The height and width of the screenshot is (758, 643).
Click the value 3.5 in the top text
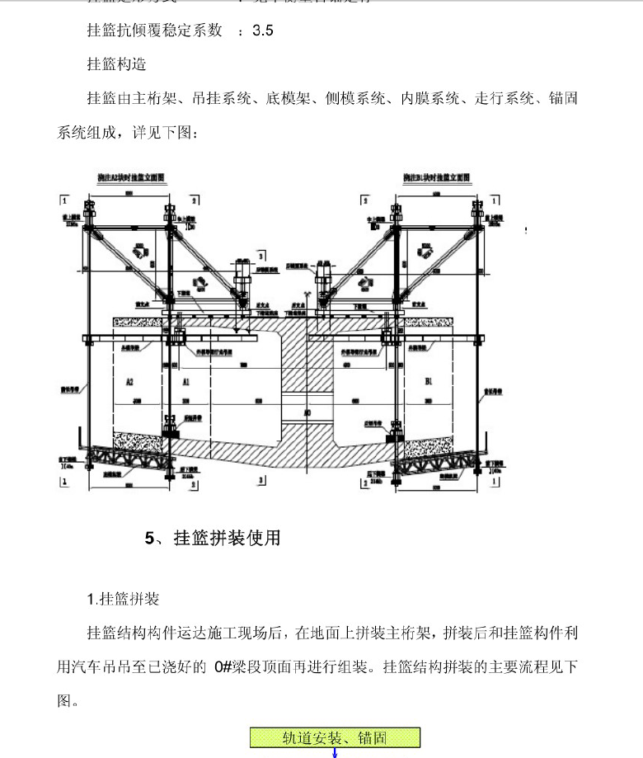pos(262,31)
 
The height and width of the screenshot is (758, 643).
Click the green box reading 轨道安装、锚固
pos(335,737)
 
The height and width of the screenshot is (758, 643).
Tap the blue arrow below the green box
pos(335,752)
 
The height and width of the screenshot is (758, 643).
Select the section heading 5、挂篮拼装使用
pos(213,539)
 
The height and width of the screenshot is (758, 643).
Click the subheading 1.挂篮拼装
pos(123,598)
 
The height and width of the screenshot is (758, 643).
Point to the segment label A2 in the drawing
pos(129,381)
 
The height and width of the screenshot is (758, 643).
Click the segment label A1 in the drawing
pos(186,381)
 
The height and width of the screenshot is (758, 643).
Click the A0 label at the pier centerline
pos(307,412)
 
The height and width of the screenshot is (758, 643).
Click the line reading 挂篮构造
pos(116,64)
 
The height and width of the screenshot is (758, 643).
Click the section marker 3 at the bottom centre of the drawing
pos(260,479)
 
